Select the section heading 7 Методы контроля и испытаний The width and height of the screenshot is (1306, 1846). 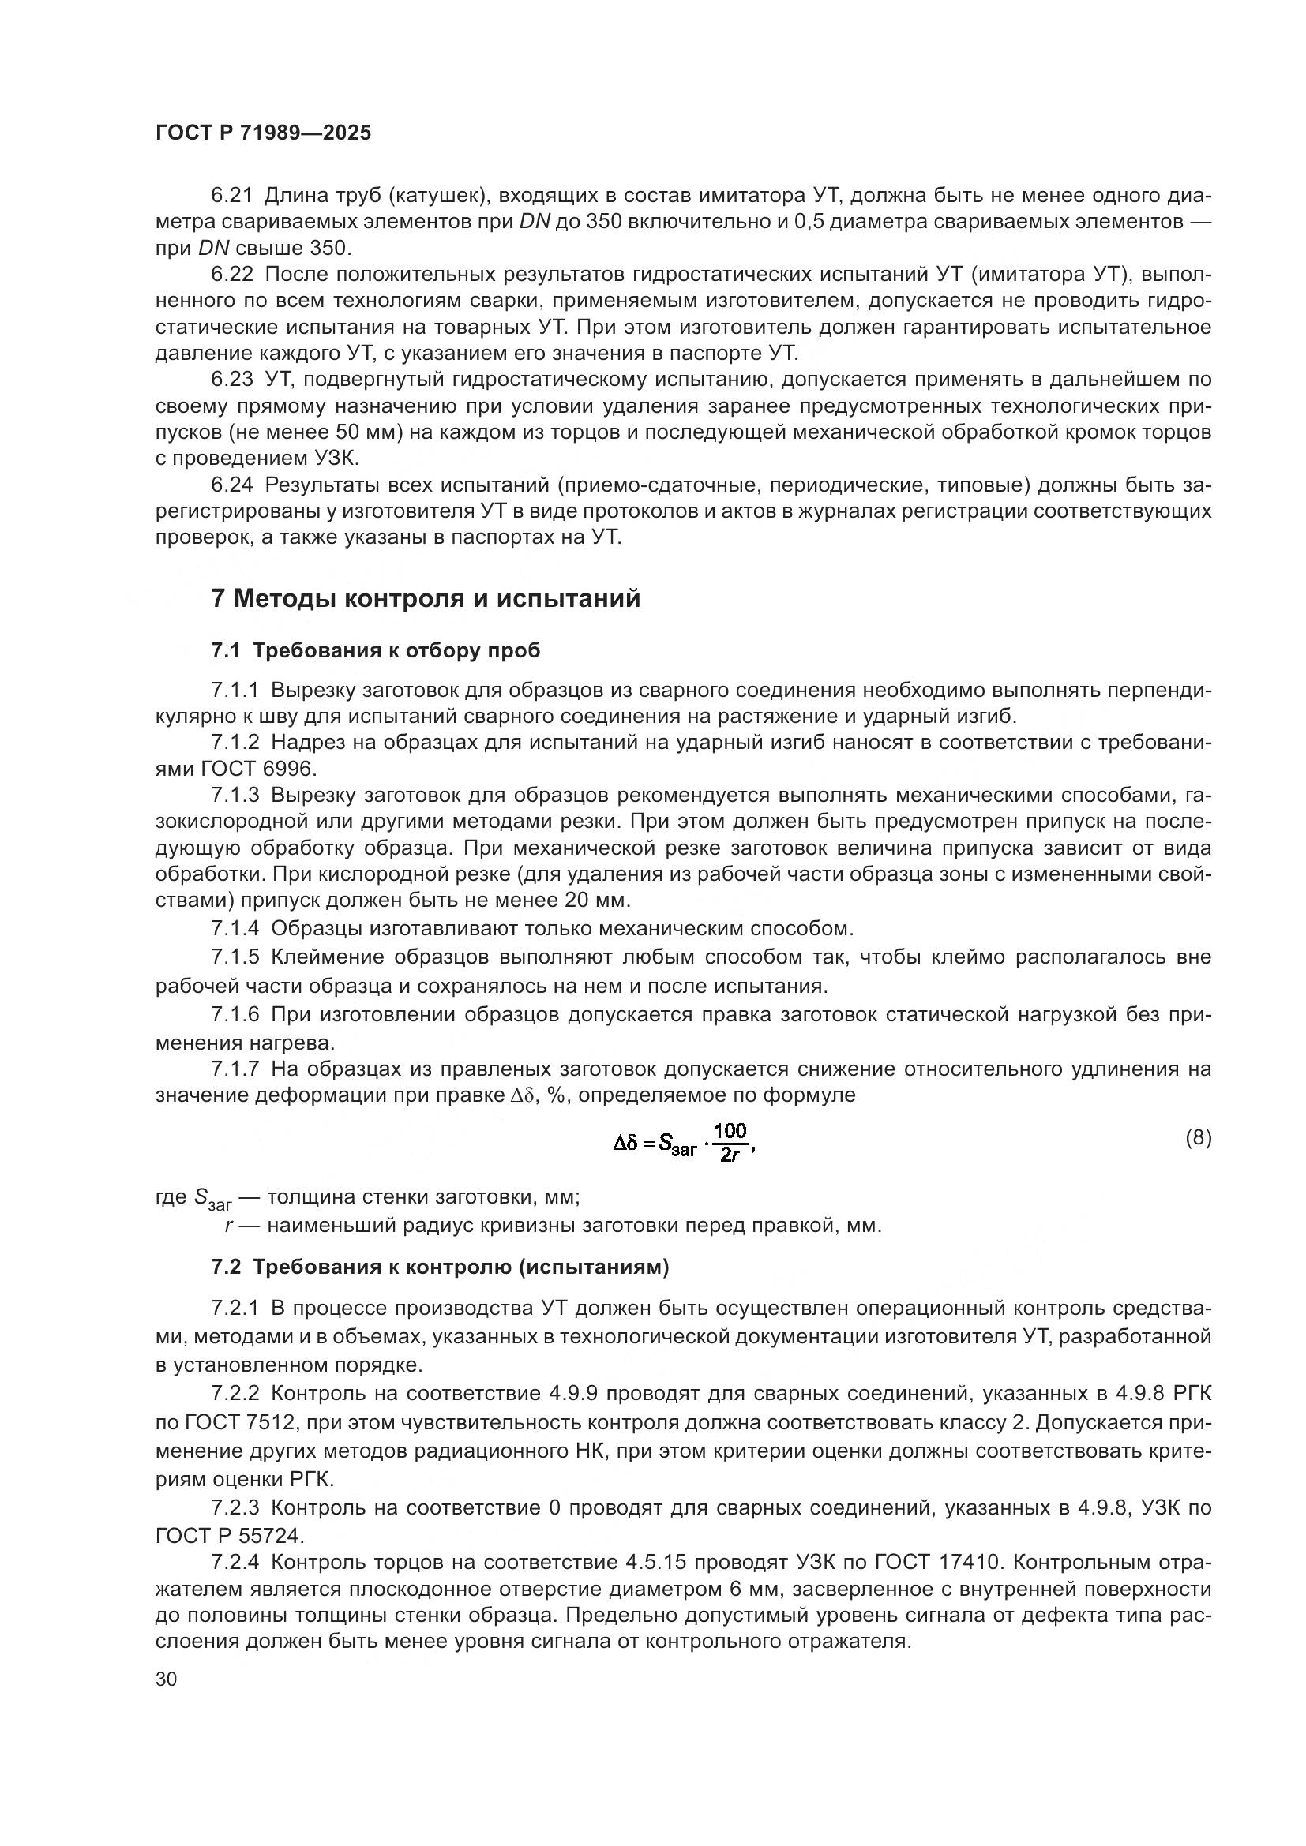click(x=426, y=599)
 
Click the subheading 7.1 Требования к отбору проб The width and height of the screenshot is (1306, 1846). click(x=376, y=651)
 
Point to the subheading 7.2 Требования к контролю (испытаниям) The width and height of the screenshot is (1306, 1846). click(x=440, y=1268)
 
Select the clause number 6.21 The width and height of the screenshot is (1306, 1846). click(x=231, y=196)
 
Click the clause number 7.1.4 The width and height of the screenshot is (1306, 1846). click(x=235, y=929)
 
